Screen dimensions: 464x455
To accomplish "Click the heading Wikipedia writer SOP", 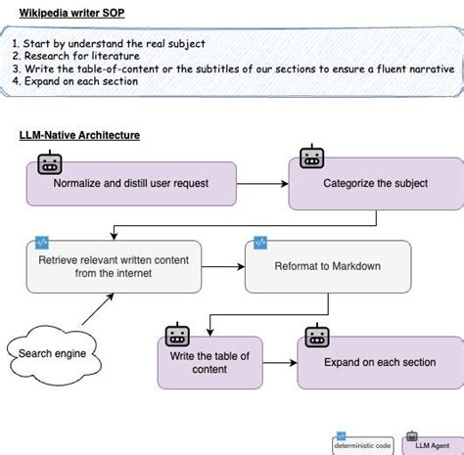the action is click(71, 13).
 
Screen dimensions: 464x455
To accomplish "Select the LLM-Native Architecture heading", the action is click(79, 135).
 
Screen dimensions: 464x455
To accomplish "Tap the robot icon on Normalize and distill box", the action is click(50, 162).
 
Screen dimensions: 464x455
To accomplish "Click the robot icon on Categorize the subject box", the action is click(312, 157).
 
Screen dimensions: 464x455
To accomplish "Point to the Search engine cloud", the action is click(54, 355).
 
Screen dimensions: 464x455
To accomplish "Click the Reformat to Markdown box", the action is click(328, 266).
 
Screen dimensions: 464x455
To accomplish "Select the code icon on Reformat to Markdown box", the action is click(260, 243).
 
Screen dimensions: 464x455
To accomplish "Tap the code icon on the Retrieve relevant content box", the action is click(42, 243).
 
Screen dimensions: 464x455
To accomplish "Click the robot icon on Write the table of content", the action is click(177, 335).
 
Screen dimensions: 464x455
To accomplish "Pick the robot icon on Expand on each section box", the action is click(317, 336).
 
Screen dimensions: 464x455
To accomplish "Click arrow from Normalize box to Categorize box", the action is click(262, 184).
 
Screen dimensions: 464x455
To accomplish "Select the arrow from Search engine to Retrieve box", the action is click(98, 309).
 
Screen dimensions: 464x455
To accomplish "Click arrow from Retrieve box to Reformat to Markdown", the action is click(223, 267).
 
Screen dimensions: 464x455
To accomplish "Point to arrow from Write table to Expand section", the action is click(280, 363).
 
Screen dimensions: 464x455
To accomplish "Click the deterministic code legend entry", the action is click(363, 444).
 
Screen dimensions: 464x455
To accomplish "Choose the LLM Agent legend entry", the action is click(433, 444).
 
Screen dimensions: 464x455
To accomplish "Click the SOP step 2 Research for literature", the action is click(76, 56).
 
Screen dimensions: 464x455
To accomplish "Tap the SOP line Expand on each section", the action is click(75, 81).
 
